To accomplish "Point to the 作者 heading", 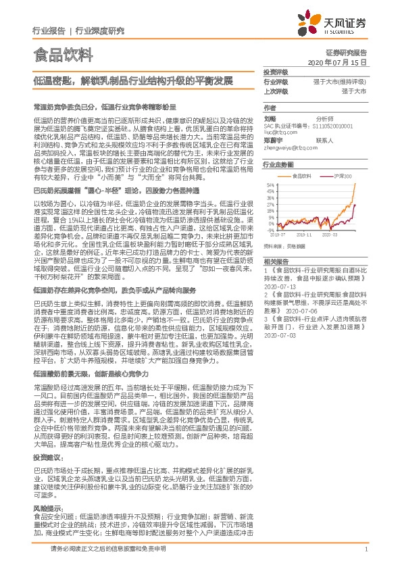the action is click(270, 107).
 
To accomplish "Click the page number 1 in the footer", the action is click(365, 551).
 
